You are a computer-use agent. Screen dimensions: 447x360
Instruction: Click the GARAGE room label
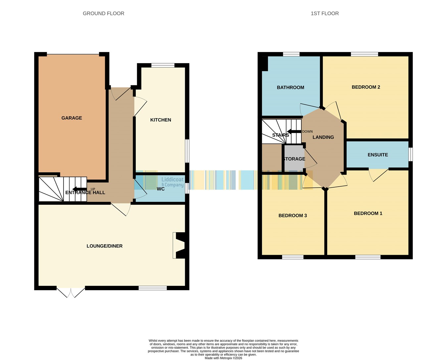pos(72,118)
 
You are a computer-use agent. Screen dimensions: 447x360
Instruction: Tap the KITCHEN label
pos(161,120)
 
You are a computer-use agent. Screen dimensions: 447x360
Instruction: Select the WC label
pos(161,189)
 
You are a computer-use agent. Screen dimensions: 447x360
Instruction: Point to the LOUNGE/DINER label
pos(105,246)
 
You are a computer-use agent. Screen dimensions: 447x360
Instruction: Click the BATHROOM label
pos(290,87)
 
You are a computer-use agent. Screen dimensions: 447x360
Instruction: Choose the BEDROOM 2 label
pos(366,87)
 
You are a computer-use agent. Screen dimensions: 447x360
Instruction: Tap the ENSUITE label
pos(377,155)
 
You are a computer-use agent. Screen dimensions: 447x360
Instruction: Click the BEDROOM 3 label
pos(292,215)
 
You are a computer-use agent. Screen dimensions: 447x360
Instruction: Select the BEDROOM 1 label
pos(368,213)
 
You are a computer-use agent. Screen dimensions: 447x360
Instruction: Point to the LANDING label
pos(323,137)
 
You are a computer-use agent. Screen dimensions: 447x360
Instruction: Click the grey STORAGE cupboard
pos(294,158)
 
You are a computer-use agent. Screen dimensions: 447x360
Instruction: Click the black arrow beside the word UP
pos(79,189)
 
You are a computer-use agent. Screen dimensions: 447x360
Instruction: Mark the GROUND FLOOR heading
pos(103,14)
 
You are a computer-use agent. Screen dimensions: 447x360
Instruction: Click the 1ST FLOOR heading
pos(325,14)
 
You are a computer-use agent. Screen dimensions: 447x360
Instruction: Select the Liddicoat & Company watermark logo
pos(173,182)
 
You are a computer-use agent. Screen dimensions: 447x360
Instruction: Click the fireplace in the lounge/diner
pos(179,246)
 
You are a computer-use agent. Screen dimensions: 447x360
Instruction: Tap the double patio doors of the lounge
pos(71,292)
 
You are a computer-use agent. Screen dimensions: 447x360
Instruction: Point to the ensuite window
pos(411,154)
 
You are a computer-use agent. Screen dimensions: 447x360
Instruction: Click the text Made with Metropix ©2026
pos(223,358)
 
